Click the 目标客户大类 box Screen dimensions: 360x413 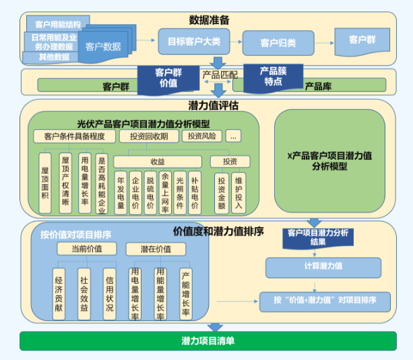[193, 41]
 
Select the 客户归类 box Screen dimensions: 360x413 [278, 42]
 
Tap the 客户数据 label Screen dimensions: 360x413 [103, 47]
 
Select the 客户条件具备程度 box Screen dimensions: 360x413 [75, 136]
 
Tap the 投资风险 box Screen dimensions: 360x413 [201, 136]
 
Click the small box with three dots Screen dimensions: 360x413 [234, 136]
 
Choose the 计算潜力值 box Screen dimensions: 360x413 [323, 266]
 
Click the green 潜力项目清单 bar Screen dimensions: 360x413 [208, 340]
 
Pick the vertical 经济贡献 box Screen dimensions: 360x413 [59, 293]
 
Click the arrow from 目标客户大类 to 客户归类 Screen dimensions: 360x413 [236, 41]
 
